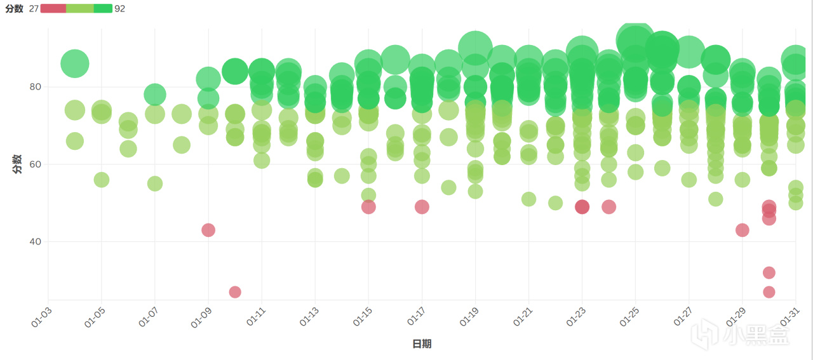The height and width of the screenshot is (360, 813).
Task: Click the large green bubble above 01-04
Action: (x=74, y=63)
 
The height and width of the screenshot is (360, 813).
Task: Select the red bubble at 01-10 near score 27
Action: (x=235, y=292)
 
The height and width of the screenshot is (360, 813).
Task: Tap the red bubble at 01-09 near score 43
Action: (x=208, y=230)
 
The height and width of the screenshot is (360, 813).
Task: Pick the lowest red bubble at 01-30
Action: (x=769, y=292)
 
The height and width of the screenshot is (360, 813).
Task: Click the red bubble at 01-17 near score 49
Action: (x=422, y=207)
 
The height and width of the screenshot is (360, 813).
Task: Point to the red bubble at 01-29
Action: (x=742, y=230)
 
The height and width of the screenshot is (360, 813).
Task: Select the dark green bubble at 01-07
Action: (x=155, y=95)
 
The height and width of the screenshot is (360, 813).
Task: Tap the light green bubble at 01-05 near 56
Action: (x=102, y=180)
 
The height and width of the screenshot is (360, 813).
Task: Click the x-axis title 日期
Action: (x=422, y=344)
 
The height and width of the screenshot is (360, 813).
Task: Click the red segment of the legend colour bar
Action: (x=53, y=8)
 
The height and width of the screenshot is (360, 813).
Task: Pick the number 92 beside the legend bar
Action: (x=120, y=9)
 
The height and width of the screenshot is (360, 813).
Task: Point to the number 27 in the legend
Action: (x=34, y=9)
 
